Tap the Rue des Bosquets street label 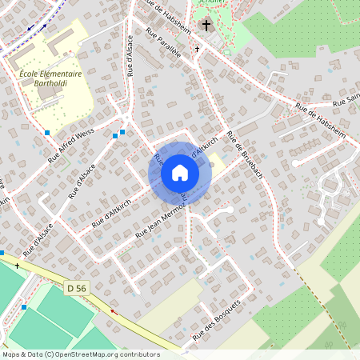pos(216,322)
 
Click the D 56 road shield pos(76,287)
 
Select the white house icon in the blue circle pos(180,173)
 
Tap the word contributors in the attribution pos(138,354)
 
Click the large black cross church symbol pos(206,26)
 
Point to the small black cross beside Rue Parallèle pos(198,49)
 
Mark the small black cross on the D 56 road pos(17,265)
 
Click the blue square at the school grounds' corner pos(48,132)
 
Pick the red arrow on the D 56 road pos(113,311)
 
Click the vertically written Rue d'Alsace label pos(129,56)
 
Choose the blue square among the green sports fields pos(24,306)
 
